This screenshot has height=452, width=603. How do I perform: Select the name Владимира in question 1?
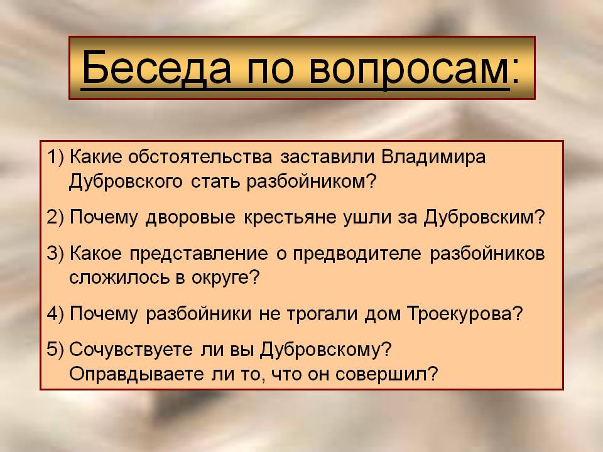tap(433, 158)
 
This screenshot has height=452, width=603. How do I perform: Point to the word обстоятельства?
tap(200, 158)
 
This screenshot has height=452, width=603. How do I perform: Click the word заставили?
tap(327, 158)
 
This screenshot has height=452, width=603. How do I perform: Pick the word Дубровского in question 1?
tap(126, 181)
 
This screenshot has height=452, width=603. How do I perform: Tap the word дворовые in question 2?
tap(190, 218)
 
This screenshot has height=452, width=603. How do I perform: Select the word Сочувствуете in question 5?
tap(131, 350)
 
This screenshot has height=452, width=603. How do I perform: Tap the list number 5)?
tap(55, 350)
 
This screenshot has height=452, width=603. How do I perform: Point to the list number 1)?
tap(55, 158)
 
